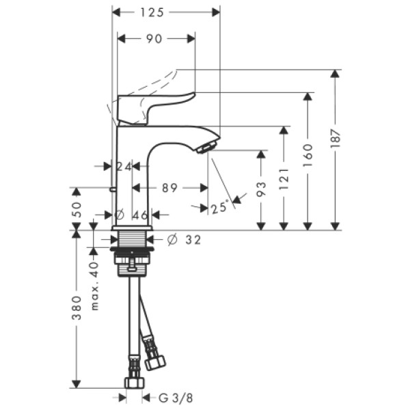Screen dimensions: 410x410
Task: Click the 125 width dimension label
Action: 166,12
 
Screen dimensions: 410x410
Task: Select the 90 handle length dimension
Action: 154,39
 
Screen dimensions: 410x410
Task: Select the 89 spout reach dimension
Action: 170,188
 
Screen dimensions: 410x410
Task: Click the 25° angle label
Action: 219,208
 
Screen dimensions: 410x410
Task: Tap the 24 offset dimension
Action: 123,166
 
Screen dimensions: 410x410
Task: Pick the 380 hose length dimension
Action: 77,307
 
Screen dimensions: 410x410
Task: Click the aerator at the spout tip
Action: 207,146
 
